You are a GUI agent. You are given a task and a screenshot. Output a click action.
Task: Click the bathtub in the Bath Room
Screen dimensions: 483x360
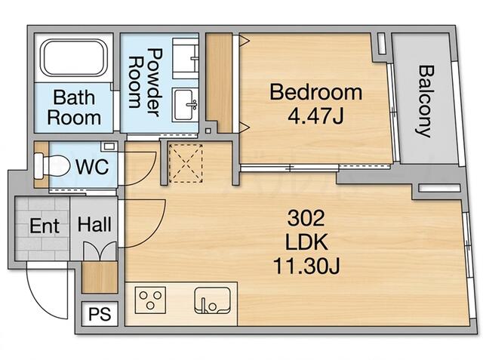point(74,57)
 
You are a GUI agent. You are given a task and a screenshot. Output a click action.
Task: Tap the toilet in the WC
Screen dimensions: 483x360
point(52,166)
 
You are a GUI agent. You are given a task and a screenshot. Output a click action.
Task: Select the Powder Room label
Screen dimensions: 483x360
point(145,82)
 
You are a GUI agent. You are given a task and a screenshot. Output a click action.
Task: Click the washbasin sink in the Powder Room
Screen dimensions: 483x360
point(184,104)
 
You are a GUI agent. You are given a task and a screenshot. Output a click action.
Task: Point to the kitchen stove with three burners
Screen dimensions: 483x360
point(150,300)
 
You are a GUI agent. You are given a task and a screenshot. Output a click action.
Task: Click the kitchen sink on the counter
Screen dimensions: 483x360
point(212,300)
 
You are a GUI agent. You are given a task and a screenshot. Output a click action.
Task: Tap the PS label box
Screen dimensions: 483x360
point(100,314)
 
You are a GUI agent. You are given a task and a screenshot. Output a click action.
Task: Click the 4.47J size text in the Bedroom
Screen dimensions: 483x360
point(315,115)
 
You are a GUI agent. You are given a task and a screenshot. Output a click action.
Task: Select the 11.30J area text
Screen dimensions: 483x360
point(306,266)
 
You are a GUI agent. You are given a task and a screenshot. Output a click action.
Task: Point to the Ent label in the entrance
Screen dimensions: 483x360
point(45,226)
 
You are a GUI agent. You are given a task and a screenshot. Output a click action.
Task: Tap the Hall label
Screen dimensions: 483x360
point(94,224)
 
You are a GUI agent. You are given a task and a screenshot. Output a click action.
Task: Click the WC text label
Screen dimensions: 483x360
point(92,167)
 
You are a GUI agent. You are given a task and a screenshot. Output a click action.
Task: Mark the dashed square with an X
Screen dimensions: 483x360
point(186,163)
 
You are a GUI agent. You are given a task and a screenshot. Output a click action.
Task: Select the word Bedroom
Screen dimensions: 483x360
point(315,92)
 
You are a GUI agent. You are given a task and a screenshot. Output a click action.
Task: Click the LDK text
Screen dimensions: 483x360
point(306,242)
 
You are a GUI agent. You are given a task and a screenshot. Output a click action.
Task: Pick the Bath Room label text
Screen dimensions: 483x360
point(74,107)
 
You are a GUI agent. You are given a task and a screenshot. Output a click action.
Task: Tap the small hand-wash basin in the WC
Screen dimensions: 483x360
point(109,146)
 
